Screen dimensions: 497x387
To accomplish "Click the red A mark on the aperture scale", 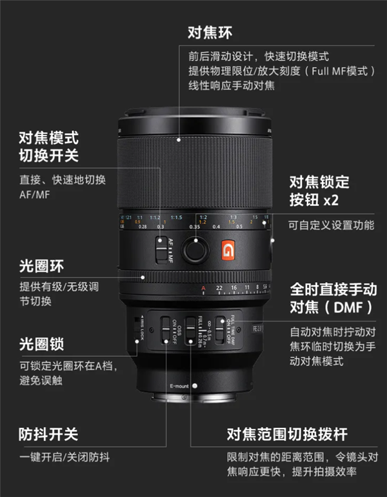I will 203,288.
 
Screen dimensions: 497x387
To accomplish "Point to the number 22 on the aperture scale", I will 220,288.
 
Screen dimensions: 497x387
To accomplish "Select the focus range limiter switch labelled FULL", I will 191,330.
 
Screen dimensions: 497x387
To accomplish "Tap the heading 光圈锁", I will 41,344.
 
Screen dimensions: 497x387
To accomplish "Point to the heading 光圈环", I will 41,266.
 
